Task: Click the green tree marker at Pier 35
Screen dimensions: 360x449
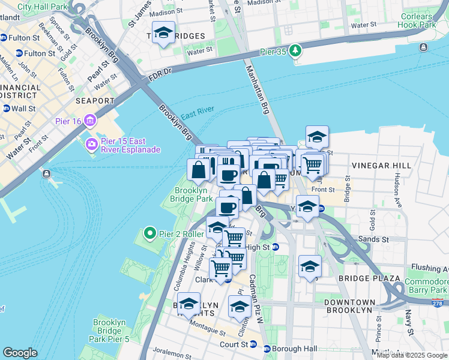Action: [294, 51]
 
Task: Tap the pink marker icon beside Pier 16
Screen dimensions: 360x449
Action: [91, 121]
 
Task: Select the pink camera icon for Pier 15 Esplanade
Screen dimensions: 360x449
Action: [91, 144]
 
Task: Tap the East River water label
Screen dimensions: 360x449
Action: [197, 115]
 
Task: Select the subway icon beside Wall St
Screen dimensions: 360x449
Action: [6, 109]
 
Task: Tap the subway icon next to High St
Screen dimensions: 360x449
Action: [276, 247]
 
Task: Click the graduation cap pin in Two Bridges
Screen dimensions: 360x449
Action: [163, 33]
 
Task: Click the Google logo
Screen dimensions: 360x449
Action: [20, 353]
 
